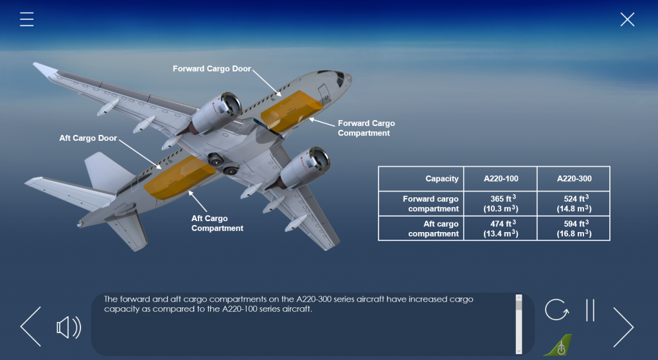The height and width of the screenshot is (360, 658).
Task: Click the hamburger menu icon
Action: coord(26,19)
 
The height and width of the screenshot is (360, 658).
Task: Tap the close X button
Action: coord(627,19)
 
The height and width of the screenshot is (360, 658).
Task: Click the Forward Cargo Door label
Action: coord(212,69)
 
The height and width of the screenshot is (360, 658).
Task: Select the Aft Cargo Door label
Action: coord(88,138)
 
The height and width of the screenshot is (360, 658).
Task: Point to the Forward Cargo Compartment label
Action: coord(366,128)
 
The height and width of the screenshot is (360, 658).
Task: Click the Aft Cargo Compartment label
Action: coord(217,223)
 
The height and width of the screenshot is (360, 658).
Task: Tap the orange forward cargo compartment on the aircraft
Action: coord(290,110)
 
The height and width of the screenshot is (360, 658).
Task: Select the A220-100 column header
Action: coord(501,179)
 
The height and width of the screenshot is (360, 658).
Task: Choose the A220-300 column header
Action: coord(574,179)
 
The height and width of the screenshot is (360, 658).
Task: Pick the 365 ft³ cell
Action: coord(501,204)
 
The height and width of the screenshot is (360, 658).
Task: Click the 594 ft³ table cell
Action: coord(574,228)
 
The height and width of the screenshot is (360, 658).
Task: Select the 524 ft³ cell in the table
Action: coord(574,204)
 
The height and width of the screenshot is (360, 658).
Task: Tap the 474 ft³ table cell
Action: coord(501,228)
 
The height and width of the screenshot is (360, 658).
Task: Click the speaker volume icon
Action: coord(69,327)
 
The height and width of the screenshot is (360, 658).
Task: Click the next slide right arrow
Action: coord(623,327)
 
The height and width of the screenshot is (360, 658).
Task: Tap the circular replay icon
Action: coord(556,310)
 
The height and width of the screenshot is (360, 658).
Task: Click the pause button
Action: coord(590,310)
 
